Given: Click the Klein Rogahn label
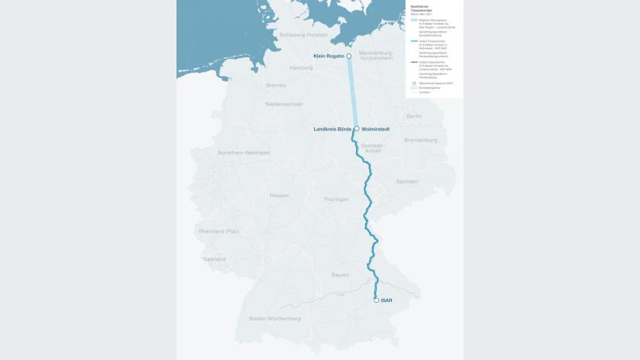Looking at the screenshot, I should [x=328, y=56].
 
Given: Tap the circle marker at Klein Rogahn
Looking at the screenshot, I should [x=349, y=56].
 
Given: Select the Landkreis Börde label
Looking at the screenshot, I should [x=332, y=129].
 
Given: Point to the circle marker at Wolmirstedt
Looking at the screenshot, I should [x=356, y=129].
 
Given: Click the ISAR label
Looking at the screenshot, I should [x=386, y=300].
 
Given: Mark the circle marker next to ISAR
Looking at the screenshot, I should [x=376, y=300].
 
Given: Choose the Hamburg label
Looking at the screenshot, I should [x=301, y=68].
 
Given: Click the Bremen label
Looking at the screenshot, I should [x=276, y=85].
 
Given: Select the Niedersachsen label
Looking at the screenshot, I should [x=284, y=103].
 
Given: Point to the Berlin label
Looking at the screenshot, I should [x=414, y=116].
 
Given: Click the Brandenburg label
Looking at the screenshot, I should [x=421, y=140].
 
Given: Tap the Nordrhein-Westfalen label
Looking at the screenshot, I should [x=244, y=153].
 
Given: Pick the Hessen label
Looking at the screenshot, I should [x=279, y=195].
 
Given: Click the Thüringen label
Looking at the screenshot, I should [x=336, y=199].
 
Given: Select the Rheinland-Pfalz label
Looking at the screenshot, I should [x=219, y=231].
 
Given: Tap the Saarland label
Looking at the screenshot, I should [x=214, y=259].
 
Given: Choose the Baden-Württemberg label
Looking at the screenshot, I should [x=275, y=318].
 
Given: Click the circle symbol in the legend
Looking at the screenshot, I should [x=413, y=82].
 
